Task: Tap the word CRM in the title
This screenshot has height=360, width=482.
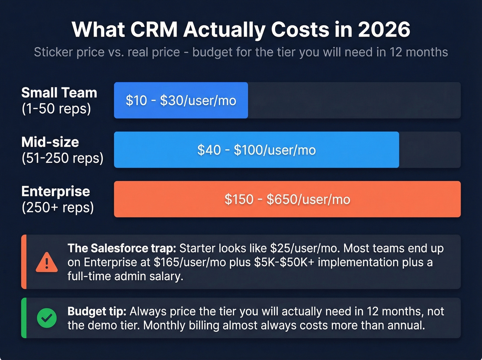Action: click(x=154, y=30)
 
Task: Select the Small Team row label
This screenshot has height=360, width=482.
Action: click(x=59, y=93)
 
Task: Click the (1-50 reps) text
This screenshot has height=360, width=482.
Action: click(x=56, y=109)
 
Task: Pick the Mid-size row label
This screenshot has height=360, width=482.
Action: click(x=50, y=142)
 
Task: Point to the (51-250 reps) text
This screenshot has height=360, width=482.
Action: click(x=62, y=158)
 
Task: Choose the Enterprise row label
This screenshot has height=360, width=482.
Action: click(x=56, y=192)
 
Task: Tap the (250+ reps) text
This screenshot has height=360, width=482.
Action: click(x=57, y=207)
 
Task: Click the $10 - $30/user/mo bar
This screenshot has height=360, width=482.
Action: click(x=181, y=101)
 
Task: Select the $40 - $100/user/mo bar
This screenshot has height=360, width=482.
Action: click(x=256, y=150)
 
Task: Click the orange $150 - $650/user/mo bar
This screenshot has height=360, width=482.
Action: click(x=287, y=199)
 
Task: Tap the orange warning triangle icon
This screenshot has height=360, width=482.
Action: click(x=47, y=263)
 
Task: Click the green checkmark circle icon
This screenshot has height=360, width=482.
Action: click(x=47, y=318)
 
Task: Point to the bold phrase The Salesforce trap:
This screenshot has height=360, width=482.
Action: click(x=122, y=248)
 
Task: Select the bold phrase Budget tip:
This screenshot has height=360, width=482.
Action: click(x=97, y=311)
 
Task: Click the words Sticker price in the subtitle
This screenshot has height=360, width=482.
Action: click(x=69, y=52)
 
